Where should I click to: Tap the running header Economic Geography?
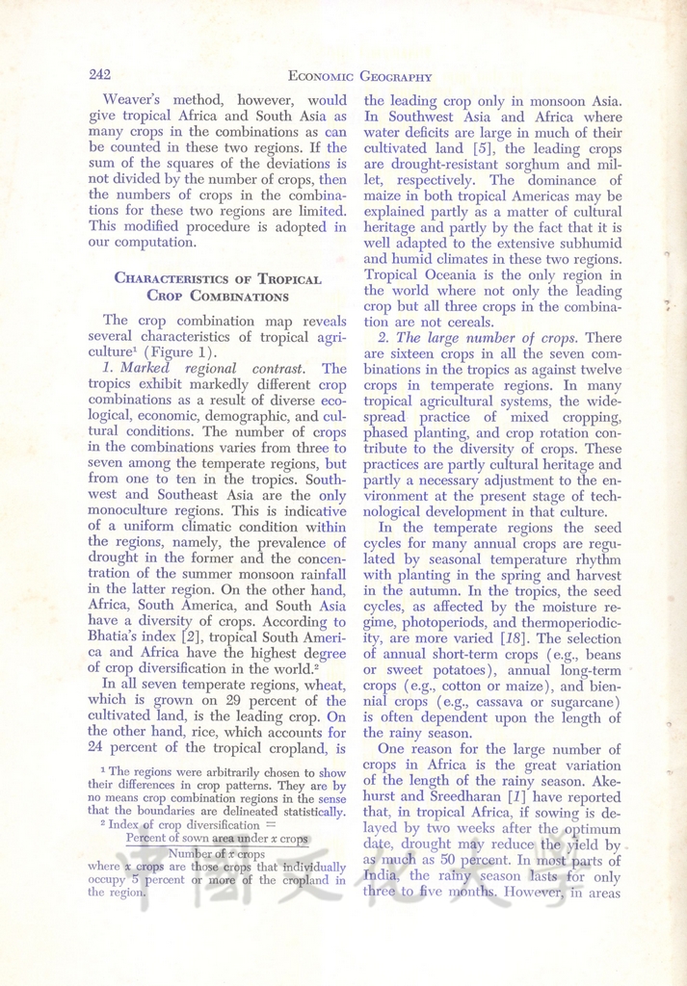pyautogui.click(x=359, y=77)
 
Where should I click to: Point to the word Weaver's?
pyautogui.click(x=134, y=99)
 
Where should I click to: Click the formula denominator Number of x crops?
pyautogui.click(x=217, y=853)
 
